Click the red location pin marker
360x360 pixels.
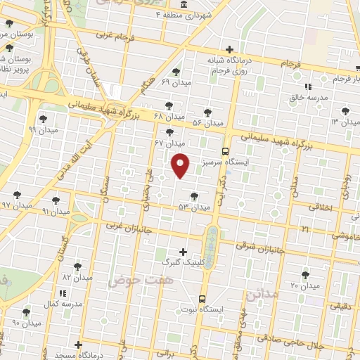pos(181,165)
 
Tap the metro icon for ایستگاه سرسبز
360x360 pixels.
pos(225,151)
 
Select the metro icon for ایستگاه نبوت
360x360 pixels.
pos(203,299)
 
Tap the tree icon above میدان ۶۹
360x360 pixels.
pos(175,72)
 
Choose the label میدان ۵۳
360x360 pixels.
pos(194,207)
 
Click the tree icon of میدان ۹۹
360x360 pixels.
pos(44,119)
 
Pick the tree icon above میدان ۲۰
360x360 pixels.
pos(305,275)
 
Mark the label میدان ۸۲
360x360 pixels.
pos(77,278)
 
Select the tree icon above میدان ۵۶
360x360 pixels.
pos(207,112)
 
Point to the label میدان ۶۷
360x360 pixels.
pos(169,143)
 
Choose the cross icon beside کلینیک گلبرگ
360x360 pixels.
pos(183,251)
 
